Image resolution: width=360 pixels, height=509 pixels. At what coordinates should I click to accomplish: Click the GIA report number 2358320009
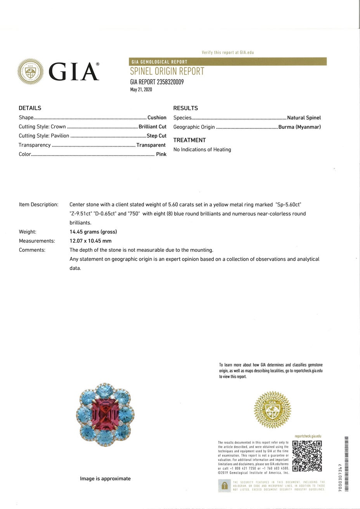[x=157, y=82]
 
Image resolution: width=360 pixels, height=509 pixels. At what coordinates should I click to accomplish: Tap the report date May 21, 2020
[x=141, y=90]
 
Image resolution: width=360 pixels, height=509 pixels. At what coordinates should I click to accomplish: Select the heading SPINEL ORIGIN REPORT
[x=167, y=71]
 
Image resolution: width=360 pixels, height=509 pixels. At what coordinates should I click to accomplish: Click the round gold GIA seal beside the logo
[x=31, y=71]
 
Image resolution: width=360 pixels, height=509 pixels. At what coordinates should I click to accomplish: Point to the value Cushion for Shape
[x=157, y=118]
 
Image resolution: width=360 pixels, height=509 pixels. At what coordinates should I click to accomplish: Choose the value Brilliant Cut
[x=152, y=126]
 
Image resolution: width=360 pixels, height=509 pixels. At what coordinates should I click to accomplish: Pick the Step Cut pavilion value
[x=156, y=136]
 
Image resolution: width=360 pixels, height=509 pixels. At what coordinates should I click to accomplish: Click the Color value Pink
[x=161, y=154]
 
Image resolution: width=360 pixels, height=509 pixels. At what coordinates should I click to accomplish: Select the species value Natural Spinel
[x=304, y=118]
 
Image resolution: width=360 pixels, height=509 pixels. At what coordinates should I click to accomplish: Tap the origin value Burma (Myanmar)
[x=299, y=127]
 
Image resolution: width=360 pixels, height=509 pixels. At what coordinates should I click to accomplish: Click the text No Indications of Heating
[x=202, y=149]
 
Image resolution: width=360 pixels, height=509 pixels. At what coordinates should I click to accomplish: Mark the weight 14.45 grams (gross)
[x=93, y=232]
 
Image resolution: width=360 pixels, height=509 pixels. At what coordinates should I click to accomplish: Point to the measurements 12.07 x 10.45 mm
[x=90, y=241]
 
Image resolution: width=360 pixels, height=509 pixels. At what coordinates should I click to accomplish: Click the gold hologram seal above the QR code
[x=272, y=410]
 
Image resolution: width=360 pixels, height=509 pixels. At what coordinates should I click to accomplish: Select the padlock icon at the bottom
[x=224, y=485]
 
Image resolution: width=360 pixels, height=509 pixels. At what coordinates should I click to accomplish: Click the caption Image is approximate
[x=105, y=479]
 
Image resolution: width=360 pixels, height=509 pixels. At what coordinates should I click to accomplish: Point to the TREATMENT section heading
[x=189, y=140]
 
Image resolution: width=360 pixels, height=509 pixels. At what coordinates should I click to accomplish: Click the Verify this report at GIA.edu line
[x=228, y=52]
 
